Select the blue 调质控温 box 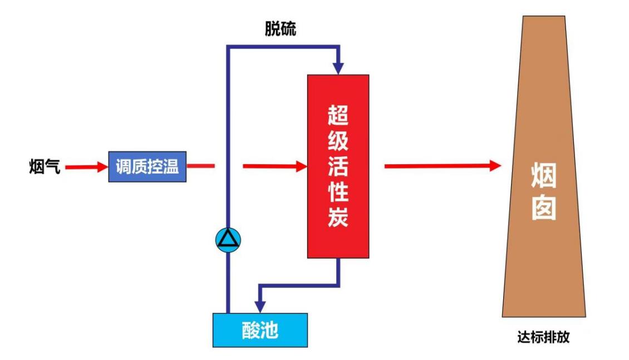(147, 166)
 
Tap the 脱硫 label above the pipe (280, 30)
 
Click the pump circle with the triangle (228, 239)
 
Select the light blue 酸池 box (260, 331)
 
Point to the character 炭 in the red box (338, 217)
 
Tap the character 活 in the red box (338, 167)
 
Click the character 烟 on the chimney (543, 176)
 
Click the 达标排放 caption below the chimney (543, 337)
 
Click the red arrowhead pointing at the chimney (495, 165)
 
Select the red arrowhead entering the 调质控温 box (102, 166)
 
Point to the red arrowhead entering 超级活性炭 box (302, 166)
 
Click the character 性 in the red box (338, 192)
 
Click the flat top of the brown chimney (543, 17)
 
